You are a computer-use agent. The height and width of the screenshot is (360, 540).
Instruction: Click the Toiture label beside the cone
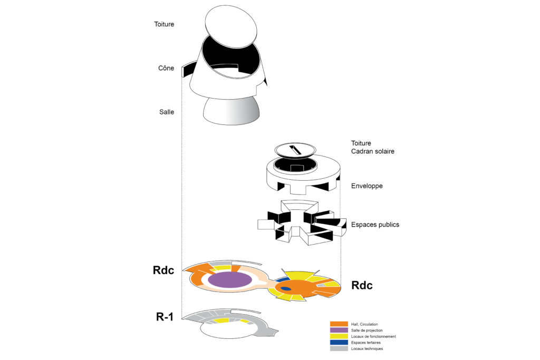click(x=164, y=24)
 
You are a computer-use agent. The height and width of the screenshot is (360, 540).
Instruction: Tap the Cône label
click(x=166, y=68)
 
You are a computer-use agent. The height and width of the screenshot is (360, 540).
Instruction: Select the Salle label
click(x=167, y=112)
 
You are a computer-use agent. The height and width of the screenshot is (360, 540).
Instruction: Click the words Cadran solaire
click(x=373, y=151)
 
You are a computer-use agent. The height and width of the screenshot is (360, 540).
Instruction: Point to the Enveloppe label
click(x=367, y=186)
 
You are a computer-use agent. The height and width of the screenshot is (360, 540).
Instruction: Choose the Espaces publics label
click(x=375, y=225)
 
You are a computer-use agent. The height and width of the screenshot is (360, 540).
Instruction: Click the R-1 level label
click(x=165, y=317)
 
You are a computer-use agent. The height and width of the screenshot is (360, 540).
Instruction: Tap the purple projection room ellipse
click(x=230, y=280)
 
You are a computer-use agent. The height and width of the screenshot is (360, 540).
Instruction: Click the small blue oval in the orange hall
click(x=285, y=288)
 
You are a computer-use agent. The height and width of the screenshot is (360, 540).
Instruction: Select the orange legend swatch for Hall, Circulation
click(x=339, y=324)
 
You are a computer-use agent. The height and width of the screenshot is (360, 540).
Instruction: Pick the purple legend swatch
click(x=339, y=330)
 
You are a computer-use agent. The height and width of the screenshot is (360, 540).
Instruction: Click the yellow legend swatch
click(x=339, y=336)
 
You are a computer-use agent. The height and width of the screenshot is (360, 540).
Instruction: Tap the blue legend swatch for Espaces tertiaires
click(x=339, y=343)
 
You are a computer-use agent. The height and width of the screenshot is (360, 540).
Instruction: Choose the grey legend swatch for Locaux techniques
click(x=339, y=348)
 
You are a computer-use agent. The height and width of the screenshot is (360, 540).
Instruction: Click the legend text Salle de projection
click(x=367, y=330)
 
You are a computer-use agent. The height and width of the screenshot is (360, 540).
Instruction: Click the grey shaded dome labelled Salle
click(x=231, y=111)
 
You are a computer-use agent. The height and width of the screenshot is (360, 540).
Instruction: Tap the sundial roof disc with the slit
click(x=295, y=151)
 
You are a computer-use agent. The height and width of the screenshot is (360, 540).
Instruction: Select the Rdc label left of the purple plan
click(x=163, y=270)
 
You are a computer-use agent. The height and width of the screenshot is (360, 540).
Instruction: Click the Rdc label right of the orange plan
click(x=362, y=285)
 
